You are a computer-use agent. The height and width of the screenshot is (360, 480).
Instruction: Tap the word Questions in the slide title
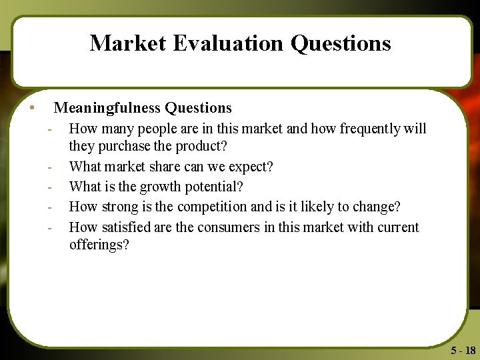point(341,43)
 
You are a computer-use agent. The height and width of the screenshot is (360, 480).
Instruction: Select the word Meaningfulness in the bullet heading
point(107,107)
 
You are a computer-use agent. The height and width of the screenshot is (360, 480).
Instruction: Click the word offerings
point(99,245)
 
